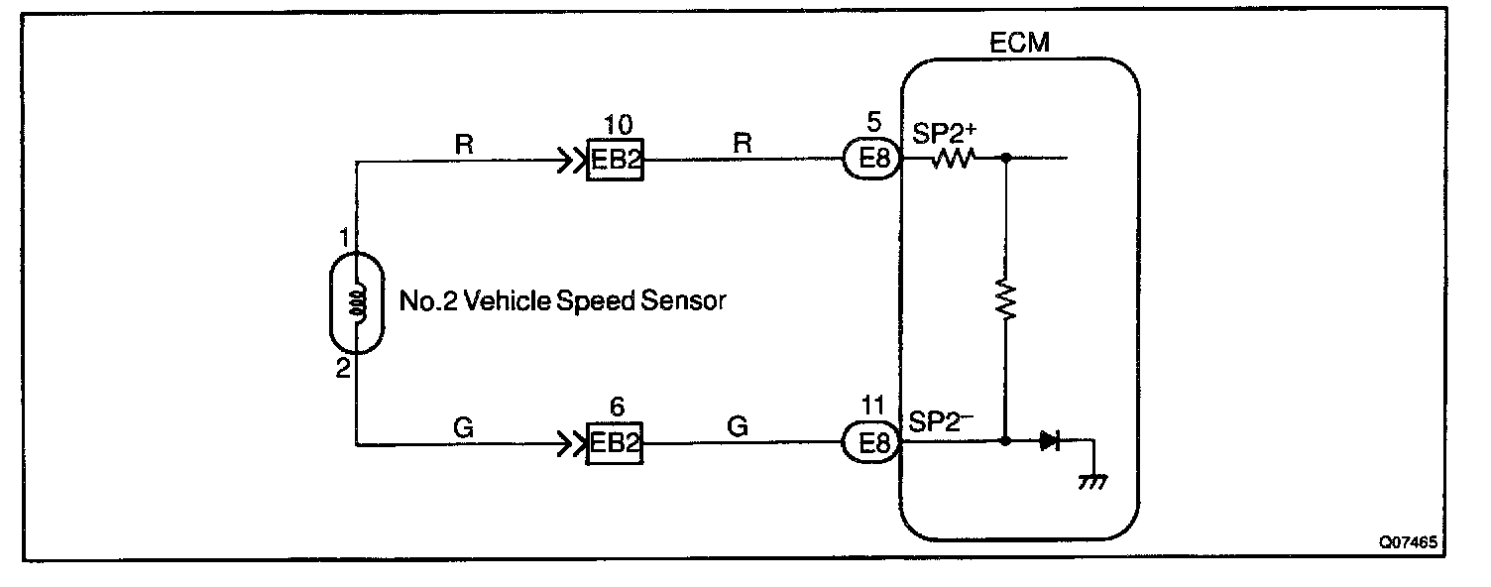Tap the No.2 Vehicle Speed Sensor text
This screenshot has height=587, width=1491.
562,300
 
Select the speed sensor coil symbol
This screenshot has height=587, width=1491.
357,303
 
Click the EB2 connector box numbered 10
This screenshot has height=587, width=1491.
616,162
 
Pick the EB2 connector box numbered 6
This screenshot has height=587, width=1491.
616,445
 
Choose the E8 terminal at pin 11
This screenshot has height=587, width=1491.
871,444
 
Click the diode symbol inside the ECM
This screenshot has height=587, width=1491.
1049,441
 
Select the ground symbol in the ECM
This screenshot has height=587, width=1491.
1091,482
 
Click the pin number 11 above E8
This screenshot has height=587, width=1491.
871,407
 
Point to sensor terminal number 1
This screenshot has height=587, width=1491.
343,239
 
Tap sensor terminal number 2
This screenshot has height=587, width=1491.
343,369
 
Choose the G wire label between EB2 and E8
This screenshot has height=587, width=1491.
737,426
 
